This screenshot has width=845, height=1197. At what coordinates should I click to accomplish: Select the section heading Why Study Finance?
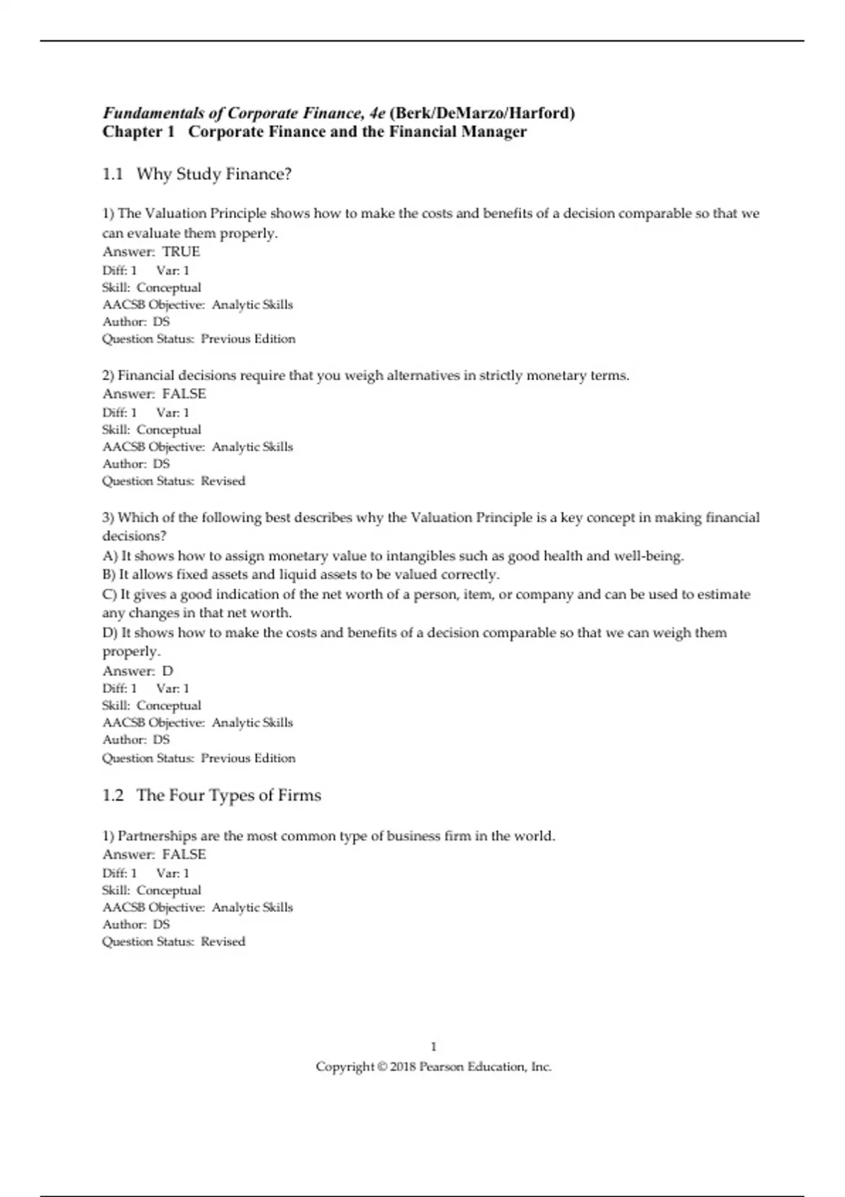214,174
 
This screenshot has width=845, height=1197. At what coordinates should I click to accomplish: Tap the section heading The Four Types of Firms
229,796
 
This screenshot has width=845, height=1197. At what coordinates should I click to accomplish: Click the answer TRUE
181,252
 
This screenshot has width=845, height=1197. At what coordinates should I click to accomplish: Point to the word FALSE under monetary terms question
184,394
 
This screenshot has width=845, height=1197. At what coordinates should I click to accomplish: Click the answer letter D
168,671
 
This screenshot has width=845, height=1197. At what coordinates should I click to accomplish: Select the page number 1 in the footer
434,1047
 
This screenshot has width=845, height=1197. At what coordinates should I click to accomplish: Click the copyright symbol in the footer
382,1067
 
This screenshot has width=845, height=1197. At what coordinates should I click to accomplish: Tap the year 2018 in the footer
403,1067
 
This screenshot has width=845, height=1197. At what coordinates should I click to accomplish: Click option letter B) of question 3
109,575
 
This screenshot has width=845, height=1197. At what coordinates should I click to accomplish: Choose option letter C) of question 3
109,595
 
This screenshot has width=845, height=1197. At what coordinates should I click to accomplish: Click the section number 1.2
113,796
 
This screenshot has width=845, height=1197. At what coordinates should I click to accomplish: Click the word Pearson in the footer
442,1067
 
